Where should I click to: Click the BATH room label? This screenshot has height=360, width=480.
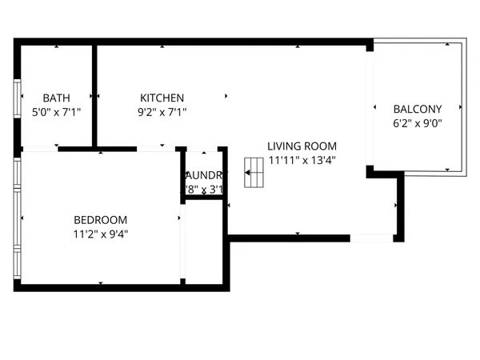tap(56, 98)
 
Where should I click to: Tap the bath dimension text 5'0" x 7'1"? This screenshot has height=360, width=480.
tap(56, 113)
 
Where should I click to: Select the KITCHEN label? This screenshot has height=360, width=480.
tap(162, 98)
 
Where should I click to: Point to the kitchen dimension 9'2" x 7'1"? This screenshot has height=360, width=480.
tap(162, 113)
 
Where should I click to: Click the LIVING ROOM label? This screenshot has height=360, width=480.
tap(302, 146)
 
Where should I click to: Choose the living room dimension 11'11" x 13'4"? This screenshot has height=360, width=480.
tap(302, 159)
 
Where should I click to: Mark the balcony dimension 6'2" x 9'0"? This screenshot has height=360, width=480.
tap(418, 123)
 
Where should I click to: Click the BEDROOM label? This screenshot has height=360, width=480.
tap(100, 220)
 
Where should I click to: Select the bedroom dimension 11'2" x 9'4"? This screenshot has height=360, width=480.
tap(100, 234)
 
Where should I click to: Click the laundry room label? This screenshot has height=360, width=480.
tap(206, 175)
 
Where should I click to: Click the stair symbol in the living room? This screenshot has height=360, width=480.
tap(254, 172)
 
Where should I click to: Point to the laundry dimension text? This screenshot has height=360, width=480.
tap(206, 190)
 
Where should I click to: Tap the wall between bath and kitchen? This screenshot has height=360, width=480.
tap(94, 96)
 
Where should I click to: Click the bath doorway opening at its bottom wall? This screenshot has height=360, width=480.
tap(40, 149)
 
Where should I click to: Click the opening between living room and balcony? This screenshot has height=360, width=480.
tap(370, 108)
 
